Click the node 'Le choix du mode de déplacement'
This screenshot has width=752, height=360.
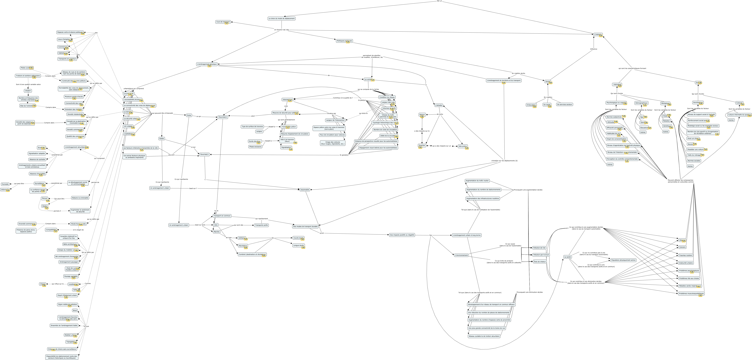[281, 18]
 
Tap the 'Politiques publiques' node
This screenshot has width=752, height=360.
[344, 41]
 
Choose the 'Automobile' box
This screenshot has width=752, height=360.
[304, 190]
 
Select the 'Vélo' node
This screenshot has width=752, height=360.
[216, 225]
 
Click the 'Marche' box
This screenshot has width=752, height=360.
[216, 232]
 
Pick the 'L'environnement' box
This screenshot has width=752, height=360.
[461, 255]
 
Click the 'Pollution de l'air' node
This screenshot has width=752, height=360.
[539, 248]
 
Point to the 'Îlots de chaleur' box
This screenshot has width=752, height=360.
[540, 262]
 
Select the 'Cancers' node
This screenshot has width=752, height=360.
[682, 247]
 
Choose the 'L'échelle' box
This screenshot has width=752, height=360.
[438, 105]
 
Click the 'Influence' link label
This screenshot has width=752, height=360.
[594, 49]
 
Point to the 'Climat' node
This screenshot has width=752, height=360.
[43, 284]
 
